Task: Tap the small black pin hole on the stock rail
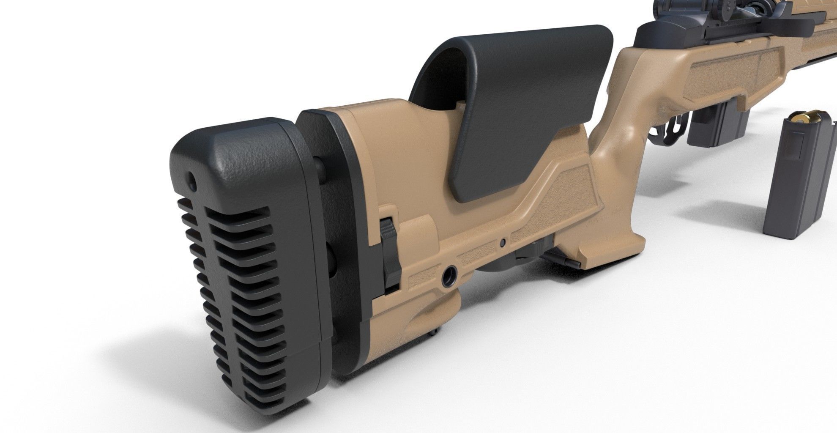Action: [502, 242]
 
